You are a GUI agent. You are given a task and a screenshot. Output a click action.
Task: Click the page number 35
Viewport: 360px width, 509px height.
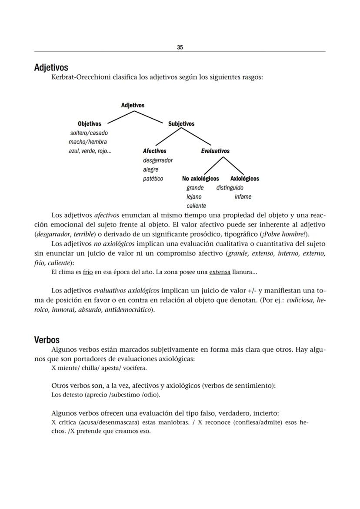pyautogui.click(x=180, y=47)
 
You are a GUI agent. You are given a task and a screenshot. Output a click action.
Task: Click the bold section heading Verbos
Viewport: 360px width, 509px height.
pyautogui.click(x=47, y=340)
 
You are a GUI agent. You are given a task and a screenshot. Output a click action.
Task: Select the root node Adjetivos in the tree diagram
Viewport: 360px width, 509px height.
pyautogui.click(x=133, y=105)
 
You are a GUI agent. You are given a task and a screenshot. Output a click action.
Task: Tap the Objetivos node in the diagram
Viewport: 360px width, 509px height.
pyautogui.click(x=89, y=124)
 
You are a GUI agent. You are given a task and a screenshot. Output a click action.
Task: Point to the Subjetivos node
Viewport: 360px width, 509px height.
pyautogui.click(x=181, y=124)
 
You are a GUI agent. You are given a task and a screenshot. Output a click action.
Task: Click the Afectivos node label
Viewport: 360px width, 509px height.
pyautogui.click(x=154, y=151)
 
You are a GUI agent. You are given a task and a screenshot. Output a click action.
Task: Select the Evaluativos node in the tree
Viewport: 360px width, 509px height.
pyautogui.click(x=215, y=151)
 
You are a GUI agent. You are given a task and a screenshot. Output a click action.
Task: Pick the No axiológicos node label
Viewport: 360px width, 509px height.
pyautogui.click(x=200, y=179)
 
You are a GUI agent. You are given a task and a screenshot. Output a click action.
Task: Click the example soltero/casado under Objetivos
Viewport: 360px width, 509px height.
pyautogui.click(x=89, y=133)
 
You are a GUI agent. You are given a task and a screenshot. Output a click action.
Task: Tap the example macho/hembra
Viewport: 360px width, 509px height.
pyautogui.click(x=87, y=142)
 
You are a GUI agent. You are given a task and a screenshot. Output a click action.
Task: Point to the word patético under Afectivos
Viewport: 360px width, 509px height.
pyautogui.click(x=153, y=179)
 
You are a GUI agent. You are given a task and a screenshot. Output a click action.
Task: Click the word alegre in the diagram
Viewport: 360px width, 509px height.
pyautogui.click(x=150, y=170)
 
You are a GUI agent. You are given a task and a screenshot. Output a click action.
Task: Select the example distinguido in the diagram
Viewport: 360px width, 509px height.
pyautogui.click(x=230, y=188)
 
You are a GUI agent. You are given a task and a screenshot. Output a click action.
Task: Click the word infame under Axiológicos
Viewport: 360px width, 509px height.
pyautogui.click(x=243, y=197)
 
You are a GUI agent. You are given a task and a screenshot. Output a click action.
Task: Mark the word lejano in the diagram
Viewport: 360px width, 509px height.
pyautogui.click(x=194, y=197)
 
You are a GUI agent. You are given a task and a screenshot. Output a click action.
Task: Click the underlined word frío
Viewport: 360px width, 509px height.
pyautogui.click(x=88, y=273)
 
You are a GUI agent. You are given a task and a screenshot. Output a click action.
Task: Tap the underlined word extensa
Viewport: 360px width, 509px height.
pyautogui.click(x=220, y=273)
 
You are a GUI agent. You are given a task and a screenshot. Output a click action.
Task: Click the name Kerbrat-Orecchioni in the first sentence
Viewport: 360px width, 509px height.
pyautogui.click(x=81, y=77)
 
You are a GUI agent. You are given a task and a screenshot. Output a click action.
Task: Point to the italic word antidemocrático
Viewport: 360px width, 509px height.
pyautogui.click(x=128, y=310)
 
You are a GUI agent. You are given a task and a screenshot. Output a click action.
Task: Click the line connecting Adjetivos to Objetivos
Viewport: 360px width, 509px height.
pyautogui.click(x=120, y=117)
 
